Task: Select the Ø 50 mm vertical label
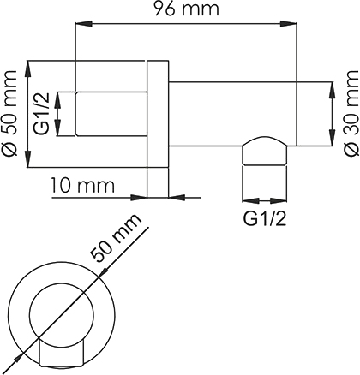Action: click(x=9, y=113)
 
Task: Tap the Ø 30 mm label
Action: click(x=351, y=113)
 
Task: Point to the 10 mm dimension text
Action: click(x=83, y=185)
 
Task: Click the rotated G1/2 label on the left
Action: click(x=42, y=114)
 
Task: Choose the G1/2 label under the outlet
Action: click(x=265, y=219)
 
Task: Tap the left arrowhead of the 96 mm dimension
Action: click(x=83, y=24)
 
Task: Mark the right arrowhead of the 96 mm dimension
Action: click(x=288, y=24)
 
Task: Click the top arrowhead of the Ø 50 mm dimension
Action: click(x=27, y=68)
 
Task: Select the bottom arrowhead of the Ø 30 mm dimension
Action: click(x=332, y=138)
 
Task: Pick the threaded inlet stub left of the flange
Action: click(x=111, y=114)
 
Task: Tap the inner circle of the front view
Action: click(x=62, y=314)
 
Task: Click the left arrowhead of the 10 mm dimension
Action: click(x=139, y=197)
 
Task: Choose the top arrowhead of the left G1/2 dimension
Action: click(x=58, y=100)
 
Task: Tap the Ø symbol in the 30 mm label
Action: click(x=351, y=148)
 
